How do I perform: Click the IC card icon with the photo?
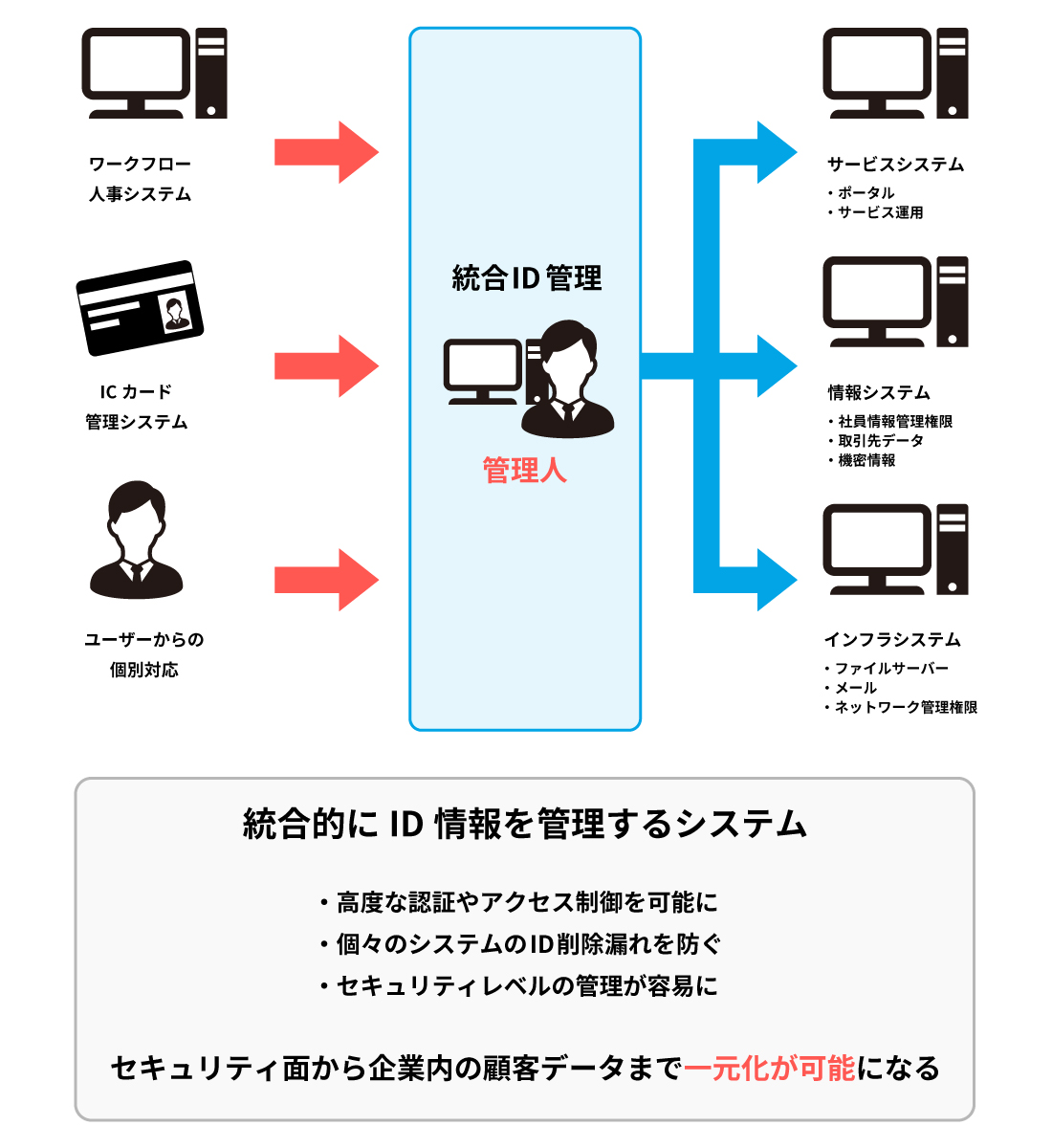point(140,307)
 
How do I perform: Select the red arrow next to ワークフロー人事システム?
point(326,152)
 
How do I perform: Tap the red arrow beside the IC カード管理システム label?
point(326,365)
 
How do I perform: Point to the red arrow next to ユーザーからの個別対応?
point(326,580)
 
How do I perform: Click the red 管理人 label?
point(524,471)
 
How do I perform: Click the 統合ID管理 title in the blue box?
point(526,278)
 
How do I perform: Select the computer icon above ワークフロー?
point(153,74)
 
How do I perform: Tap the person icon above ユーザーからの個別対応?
point(136,541)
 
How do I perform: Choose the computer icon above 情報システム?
point(895,302)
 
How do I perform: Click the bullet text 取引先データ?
point(881,441)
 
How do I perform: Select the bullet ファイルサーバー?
point(891,669)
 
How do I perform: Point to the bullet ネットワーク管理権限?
point(906,708)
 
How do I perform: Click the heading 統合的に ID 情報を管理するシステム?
point(525,824)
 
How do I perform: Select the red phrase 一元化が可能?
point(770,1068)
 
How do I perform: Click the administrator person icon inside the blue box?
point(568,380)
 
